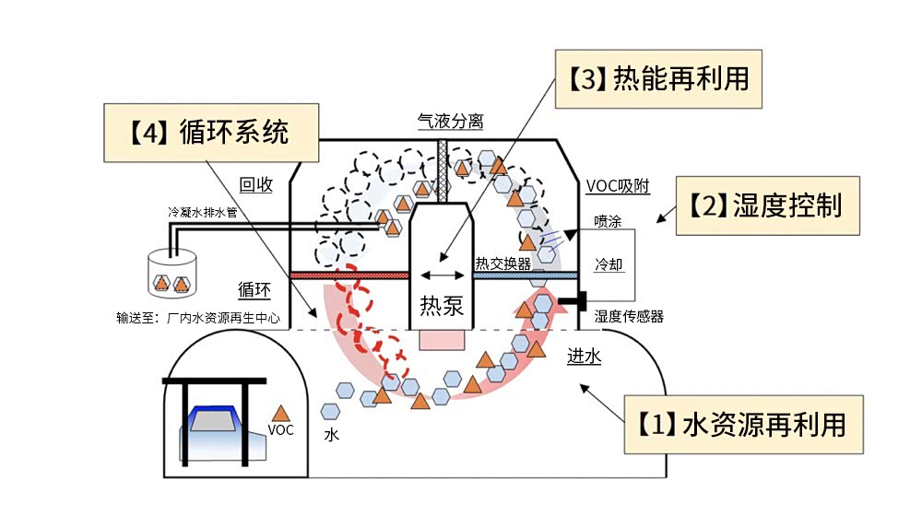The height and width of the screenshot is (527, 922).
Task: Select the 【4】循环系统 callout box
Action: pos(211,133)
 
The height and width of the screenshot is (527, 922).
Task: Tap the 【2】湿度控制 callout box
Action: pos(768,205)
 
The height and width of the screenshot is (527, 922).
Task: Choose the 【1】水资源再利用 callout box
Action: pos(744,425)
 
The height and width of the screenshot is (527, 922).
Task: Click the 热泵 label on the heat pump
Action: pos(442,306)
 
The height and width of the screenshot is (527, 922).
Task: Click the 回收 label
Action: pos(256,184)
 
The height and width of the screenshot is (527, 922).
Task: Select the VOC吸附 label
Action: pos(618,187)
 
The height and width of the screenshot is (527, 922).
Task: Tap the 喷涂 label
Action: pos(609,222)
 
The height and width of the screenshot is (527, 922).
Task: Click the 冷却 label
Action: pos(609,264)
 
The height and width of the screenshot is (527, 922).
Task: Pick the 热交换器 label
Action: pos(502,263)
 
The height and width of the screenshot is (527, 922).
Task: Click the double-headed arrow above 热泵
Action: pos(442,275)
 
